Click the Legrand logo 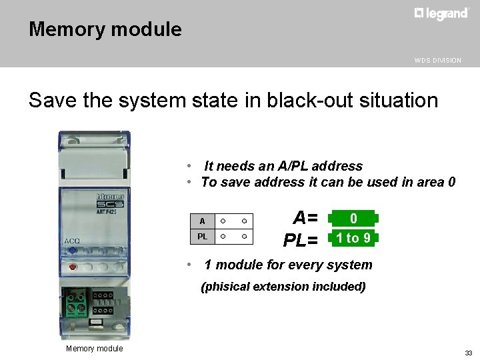click(441, 14)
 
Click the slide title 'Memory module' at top click(105, 29)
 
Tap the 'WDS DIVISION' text click(437, 61)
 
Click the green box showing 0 click(353, 219)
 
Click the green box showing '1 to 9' click(353, 238)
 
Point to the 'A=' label click(305, 218)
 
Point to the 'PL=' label click(301, 239)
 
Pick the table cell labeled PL click(202, 237)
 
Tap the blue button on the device click(72, 251)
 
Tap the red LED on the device click(71, 267)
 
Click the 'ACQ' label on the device click(72, 241)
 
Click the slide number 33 click(468, 353)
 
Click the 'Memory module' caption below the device click(94, 349)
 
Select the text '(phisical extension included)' click(283, 287)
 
